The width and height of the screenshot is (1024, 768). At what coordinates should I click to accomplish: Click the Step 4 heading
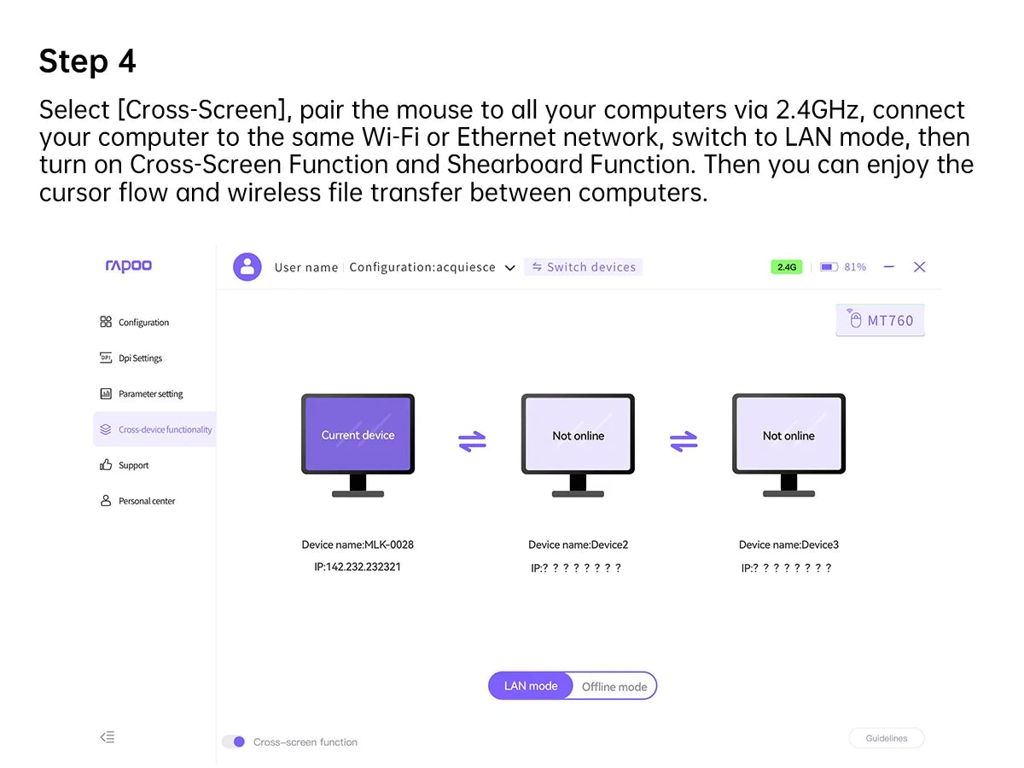(x=87, y=61)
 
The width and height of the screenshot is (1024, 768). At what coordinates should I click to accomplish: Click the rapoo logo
(x=128, y=266)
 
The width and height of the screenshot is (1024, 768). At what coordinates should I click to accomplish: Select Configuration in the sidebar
(x=143, y=323)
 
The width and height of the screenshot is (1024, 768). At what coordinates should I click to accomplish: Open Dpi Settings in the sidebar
(x=140, y=358)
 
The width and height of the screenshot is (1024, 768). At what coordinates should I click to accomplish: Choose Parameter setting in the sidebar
(x=150, y=394)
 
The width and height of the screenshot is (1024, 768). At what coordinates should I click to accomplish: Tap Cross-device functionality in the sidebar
(x=165, y=430)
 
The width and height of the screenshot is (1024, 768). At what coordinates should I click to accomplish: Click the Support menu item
(x=133, y=466)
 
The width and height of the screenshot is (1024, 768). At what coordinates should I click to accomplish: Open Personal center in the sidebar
(x=147, y=502)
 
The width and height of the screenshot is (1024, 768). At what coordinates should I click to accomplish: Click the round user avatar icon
(x=247, y=267)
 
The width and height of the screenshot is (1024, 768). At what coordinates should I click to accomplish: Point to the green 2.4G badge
(x=786, y=267)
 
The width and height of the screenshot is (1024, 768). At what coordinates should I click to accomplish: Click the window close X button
(x=919, y=267)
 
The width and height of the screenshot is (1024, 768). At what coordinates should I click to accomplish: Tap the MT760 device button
(x=881, y=321)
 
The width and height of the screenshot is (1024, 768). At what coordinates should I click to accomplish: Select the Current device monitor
(x=358, y=435)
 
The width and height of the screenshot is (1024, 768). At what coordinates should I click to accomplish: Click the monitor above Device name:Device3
(x=788, y=435)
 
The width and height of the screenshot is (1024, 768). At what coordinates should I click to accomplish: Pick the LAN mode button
(x=531, y=686)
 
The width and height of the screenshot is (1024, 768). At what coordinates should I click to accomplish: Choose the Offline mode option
(x=614, y=687)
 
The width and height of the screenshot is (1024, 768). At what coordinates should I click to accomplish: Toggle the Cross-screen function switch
(x=234, y=742)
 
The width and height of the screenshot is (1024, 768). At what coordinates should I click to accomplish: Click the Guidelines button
(x=887, y=738)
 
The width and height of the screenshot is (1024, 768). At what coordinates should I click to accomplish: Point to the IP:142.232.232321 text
(x=358, y=567)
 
